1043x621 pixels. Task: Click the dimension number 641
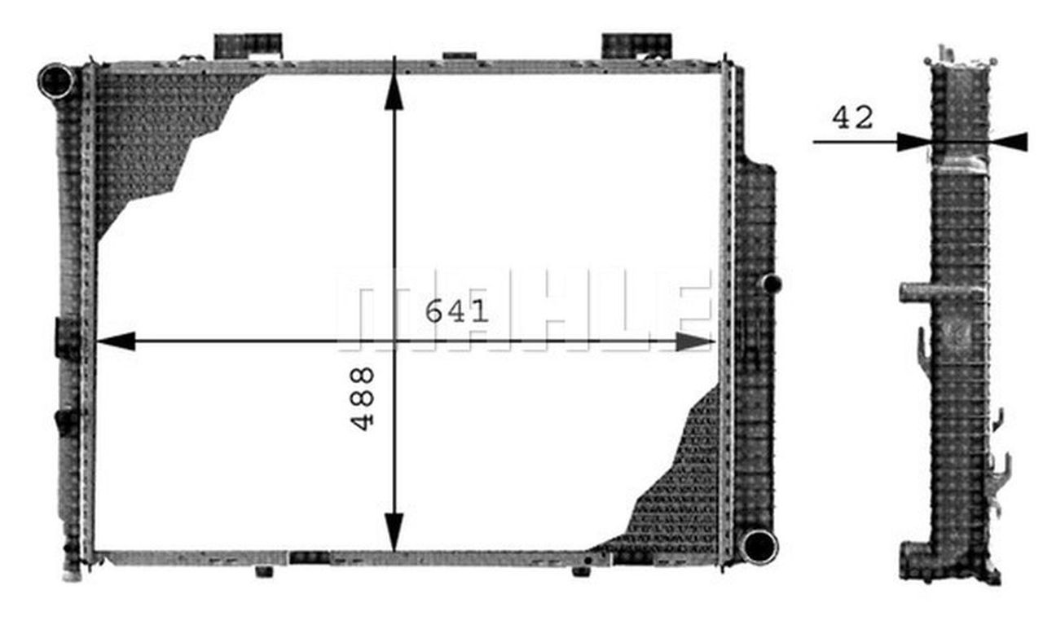click(x=457, y=311)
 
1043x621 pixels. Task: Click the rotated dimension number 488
click(x=363, y=398)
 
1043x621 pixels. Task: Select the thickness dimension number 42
click(x=852, y=119)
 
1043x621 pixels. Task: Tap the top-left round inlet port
click(x=56, y=81)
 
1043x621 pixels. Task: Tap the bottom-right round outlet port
click(x=759, y=546)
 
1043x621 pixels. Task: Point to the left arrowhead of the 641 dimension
click(x=115, y=341)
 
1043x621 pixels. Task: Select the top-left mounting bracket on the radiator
click(x=248, y=45)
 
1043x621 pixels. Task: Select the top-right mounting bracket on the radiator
click(x=636, y=45)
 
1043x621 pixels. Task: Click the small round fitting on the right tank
click(x=771, y=284)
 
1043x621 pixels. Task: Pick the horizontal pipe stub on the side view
click(x=916, y=292)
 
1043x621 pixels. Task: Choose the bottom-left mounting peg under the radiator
click(x=264, y=571)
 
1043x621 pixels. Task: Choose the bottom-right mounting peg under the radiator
click(x=581, y=571)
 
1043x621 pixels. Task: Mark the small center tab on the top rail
click(x=459, y=56)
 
